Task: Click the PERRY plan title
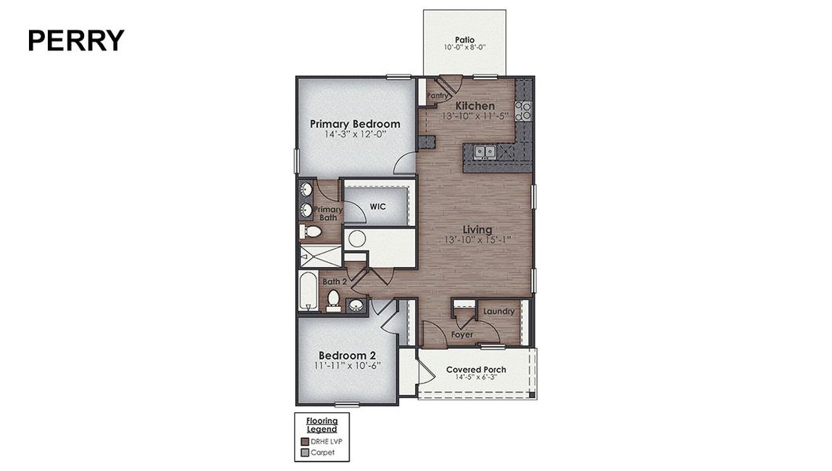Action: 76,40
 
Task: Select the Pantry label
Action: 438,97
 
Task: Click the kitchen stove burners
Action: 524,111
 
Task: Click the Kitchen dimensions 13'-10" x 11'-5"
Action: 476,116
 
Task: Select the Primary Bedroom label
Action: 355,124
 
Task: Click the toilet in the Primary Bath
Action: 312,232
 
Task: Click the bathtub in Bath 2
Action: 308,291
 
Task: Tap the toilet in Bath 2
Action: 333,299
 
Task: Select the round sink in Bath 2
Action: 356,305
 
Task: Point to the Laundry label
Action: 499,312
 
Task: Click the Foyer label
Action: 462,334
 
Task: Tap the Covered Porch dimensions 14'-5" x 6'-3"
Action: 476,378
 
